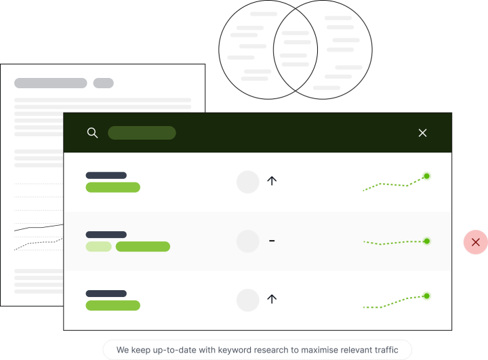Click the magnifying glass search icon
tap(92, 133)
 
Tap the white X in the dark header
tap(422, 133)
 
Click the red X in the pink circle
tap(476, 242)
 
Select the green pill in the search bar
tap(142, 133)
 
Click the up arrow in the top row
tap(272, 180)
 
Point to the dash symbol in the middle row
tap(272, 241)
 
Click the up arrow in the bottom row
tap(272, 299)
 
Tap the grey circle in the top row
tap(248, 182)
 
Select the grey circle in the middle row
tap(248, 241)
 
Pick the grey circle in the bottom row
tap(248, 300)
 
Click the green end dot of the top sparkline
tap(427, 176)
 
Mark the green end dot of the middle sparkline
tap(427, 241)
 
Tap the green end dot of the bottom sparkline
tap(427, 296)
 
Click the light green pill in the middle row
tap(99, 246)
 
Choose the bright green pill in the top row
tap(113, 187)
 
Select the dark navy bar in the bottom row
tap(106, 294)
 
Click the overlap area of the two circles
tap(296, 49)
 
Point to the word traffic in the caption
tap(386, 350)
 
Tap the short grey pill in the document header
tap(103, 83)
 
